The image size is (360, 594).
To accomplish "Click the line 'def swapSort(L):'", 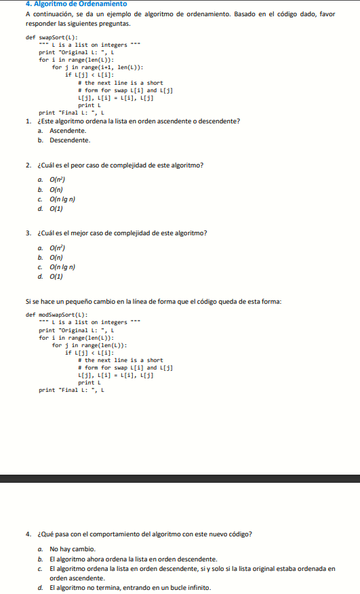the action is click(x=51, y=37).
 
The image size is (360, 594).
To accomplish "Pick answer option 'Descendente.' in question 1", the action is click(x=70, y=140).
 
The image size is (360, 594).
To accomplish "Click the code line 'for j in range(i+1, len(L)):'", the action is click(x=98, y=67).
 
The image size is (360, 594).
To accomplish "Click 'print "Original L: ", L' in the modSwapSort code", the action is click(x=75, y=330).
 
